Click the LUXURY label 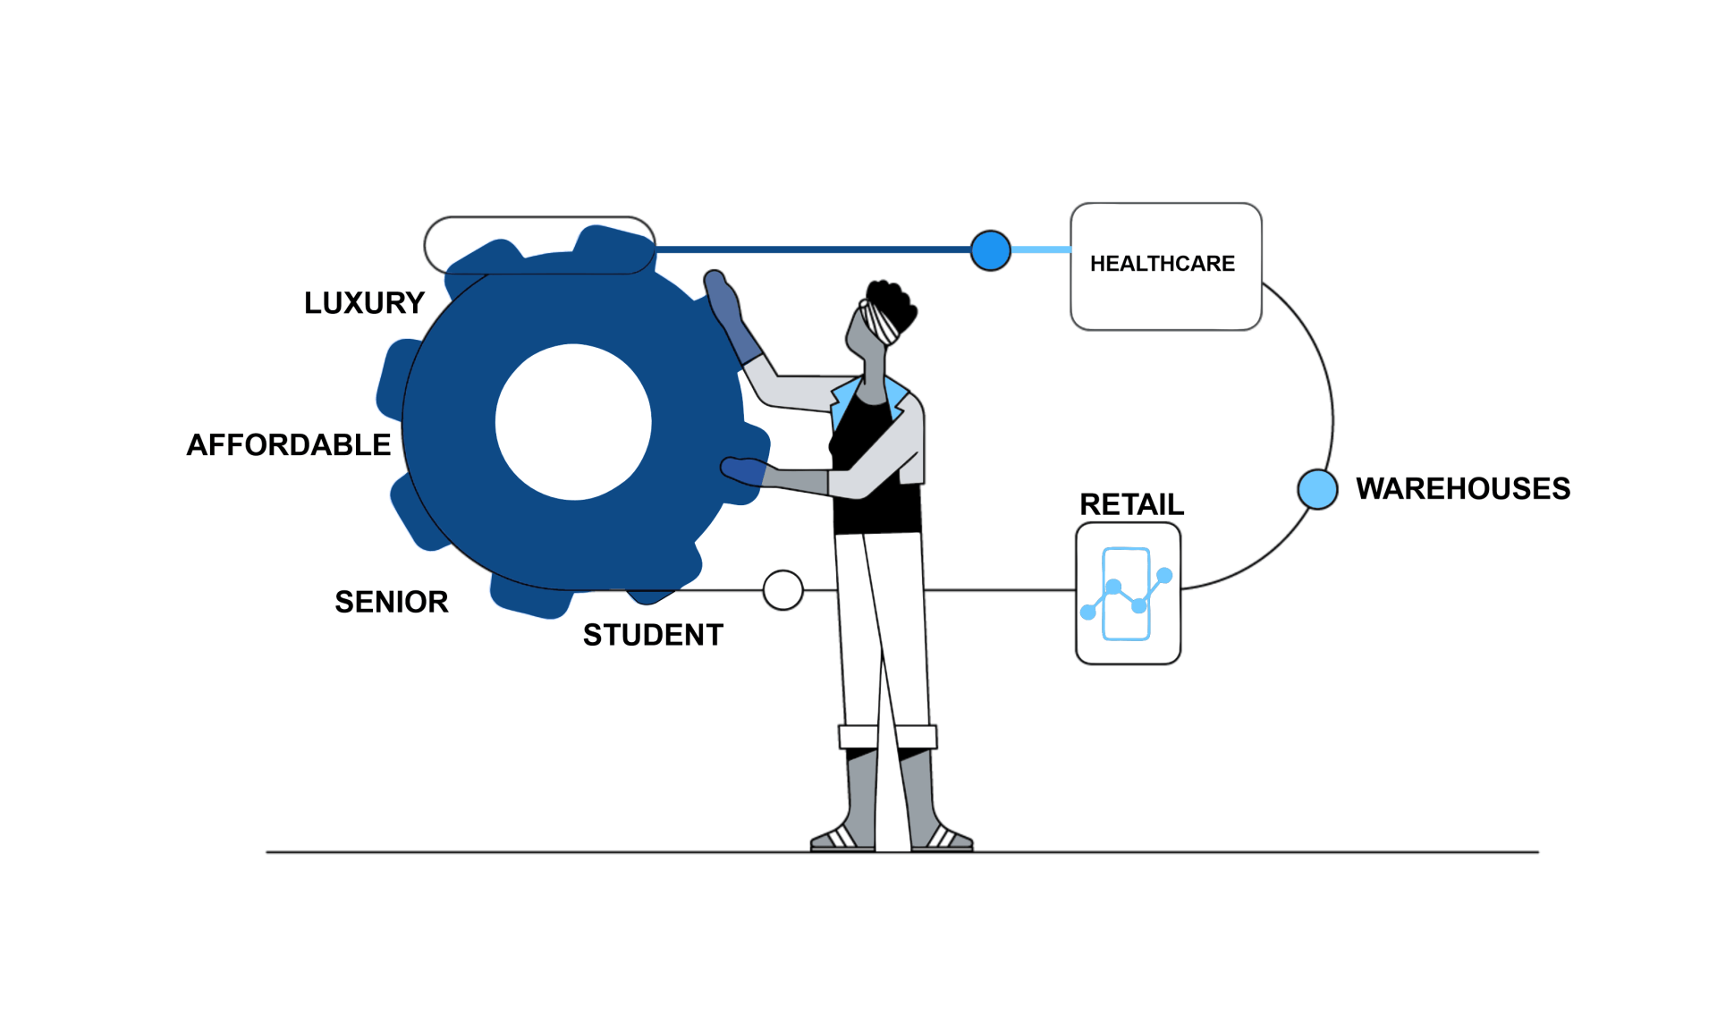point(364,303)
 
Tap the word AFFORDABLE point(289,444)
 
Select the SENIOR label point(392,602)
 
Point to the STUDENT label point(653,635)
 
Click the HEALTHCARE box point(1166,266)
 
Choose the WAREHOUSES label point(1463,488)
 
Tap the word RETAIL point(1131,504)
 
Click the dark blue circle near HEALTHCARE point(991,250)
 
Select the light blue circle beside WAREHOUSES point(1317,489)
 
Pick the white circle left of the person point(783,590)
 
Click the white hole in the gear point(573,422)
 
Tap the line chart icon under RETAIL point(1128,594)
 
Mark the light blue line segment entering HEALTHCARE point(1041,249)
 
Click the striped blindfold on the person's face point(878,321)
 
